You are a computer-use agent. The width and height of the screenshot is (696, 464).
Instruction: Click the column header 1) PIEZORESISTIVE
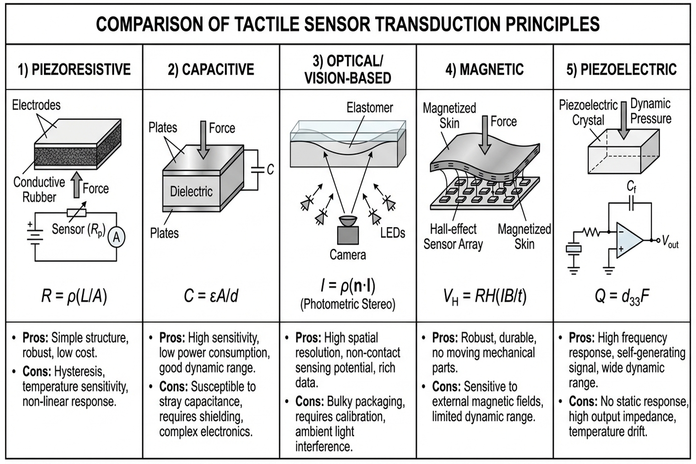tap(74, 69)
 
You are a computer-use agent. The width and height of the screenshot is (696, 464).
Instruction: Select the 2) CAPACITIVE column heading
tap(211, 69)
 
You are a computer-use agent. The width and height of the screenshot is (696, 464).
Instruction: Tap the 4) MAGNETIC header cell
tap(485, 69)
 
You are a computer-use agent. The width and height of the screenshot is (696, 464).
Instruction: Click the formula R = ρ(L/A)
tap(74, 296)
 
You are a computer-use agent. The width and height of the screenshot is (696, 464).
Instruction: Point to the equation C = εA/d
tap(211, 296)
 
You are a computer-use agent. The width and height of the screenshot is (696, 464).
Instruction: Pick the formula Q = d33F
tap(622, 296)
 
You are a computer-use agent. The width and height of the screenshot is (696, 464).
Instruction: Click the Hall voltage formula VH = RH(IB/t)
tap(485, 296)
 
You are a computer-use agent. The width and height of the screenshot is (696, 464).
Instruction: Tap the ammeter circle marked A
tap(116, 237)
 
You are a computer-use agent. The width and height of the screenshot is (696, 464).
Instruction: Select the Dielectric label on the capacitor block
tap(191, 192)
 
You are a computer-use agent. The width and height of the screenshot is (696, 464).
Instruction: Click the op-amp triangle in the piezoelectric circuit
tap(628, 240)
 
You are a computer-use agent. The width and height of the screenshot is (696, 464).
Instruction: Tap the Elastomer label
tap(370, 108)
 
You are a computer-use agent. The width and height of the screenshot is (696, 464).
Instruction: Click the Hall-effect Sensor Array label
tap(453, 237)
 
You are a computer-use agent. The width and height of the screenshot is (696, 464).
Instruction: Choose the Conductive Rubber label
tap(39, 189)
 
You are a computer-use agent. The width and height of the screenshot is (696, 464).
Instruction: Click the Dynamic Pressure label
tap(651, 111)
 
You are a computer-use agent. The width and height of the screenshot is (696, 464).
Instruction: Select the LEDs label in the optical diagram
tap(392, 233)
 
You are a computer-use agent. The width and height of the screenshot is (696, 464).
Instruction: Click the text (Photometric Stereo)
tap(348, 304)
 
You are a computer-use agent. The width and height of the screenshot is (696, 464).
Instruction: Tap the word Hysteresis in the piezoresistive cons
tap(79, 372)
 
